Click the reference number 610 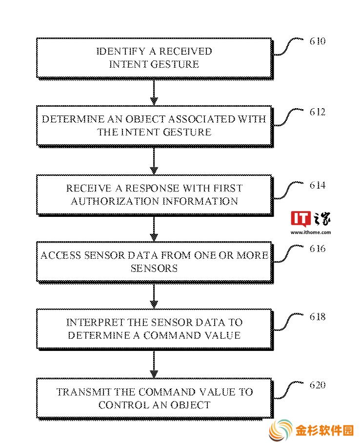coord(317,41)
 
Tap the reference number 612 coord(317,112)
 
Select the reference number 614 coord(317,185)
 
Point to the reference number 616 coord(317,249)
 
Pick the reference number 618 coord(317,317)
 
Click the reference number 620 coord(317,385)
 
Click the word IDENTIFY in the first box coord(121,51)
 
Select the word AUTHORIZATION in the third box coord(115,201)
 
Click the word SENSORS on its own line coord(154,268)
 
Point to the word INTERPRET coord(95,322)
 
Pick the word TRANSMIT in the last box coord(83,392)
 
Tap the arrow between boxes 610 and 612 coord(154,92)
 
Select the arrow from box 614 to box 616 coord(154,229)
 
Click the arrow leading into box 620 coord(154,364)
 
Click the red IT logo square coord(300,219)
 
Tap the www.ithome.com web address coord(311,232)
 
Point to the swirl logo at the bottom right coord(280,430)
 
